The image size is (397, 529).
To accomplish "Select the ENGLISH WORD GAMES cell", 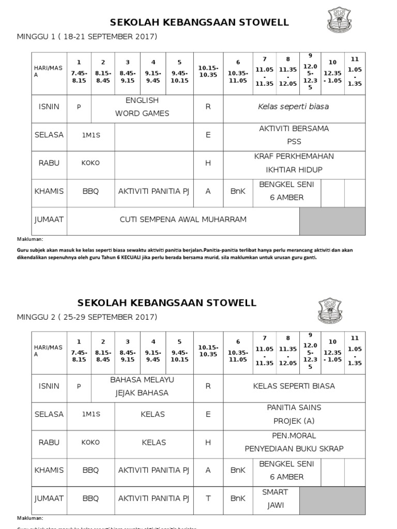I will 142,107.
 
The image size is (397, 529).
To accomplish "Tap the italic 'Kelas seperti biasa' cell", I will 294,107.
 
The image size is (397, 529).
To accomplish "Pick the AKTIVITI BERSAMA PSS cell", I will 294,135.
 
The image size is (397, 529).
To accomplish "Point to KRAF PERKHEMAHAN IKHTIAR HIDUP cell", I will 294,163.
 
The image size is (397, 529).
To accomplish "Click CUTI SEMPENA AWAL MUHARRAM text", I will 183,220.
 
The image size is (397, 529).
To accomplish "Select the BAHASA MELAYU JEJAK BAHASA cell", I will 142,386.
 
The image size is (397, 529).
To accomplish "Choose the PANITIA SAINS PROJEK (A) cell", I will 294,414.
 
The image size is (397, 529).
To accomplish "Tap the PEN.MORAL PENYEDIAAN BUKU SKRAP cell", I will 294,442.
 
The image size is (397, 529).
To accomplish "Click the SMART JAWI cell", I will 274,498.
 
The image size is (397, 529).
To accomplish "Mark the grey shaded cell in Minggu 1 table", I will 332,221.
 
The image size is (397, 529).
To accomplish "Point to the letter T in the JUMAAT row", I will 208,499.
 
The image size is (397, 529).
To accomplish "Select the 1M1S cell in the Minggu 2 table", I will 90,414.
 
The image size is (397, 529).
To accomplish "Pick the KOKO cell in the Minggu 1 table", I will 90,163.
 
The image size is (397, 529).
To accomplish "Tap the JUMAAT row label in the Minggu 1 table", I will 49,220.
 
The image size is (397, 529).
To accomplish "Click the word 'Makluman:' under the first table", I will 30,239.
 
